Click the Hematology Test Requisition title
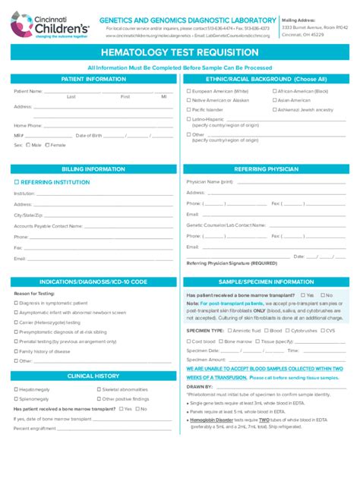point(180,53)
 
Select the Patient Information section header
point(93,79)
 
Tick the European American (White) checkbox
point(189,91)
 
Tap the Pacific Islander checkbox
point(189,109)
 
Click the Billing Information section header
point(93,169)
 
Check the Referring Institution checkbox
point(16,182)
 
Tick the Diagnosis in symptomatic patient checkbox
point(16,303)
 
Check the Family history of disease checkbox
point(16,351)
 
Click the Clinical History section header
point(93,376)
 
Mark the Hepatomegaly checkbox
point(16,389)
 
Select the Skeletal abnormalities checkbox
point(97,389)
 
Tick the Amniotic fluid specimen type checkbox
point(229,331)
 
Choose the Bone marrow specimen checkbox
point(219,341)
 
